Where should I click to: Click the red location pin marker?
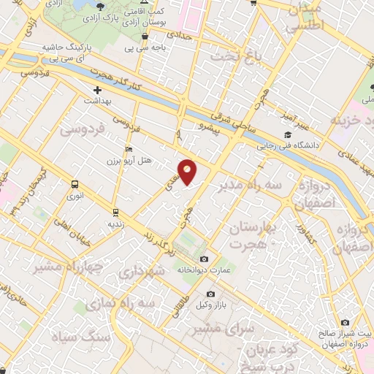(x=188, y=171)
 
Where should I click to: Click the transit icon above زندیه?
(x=115, y=213)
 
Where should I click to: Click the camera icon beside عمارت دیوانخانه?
(x=204, y=259)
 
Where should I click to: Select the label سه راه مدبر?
(x=249, y=186)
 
